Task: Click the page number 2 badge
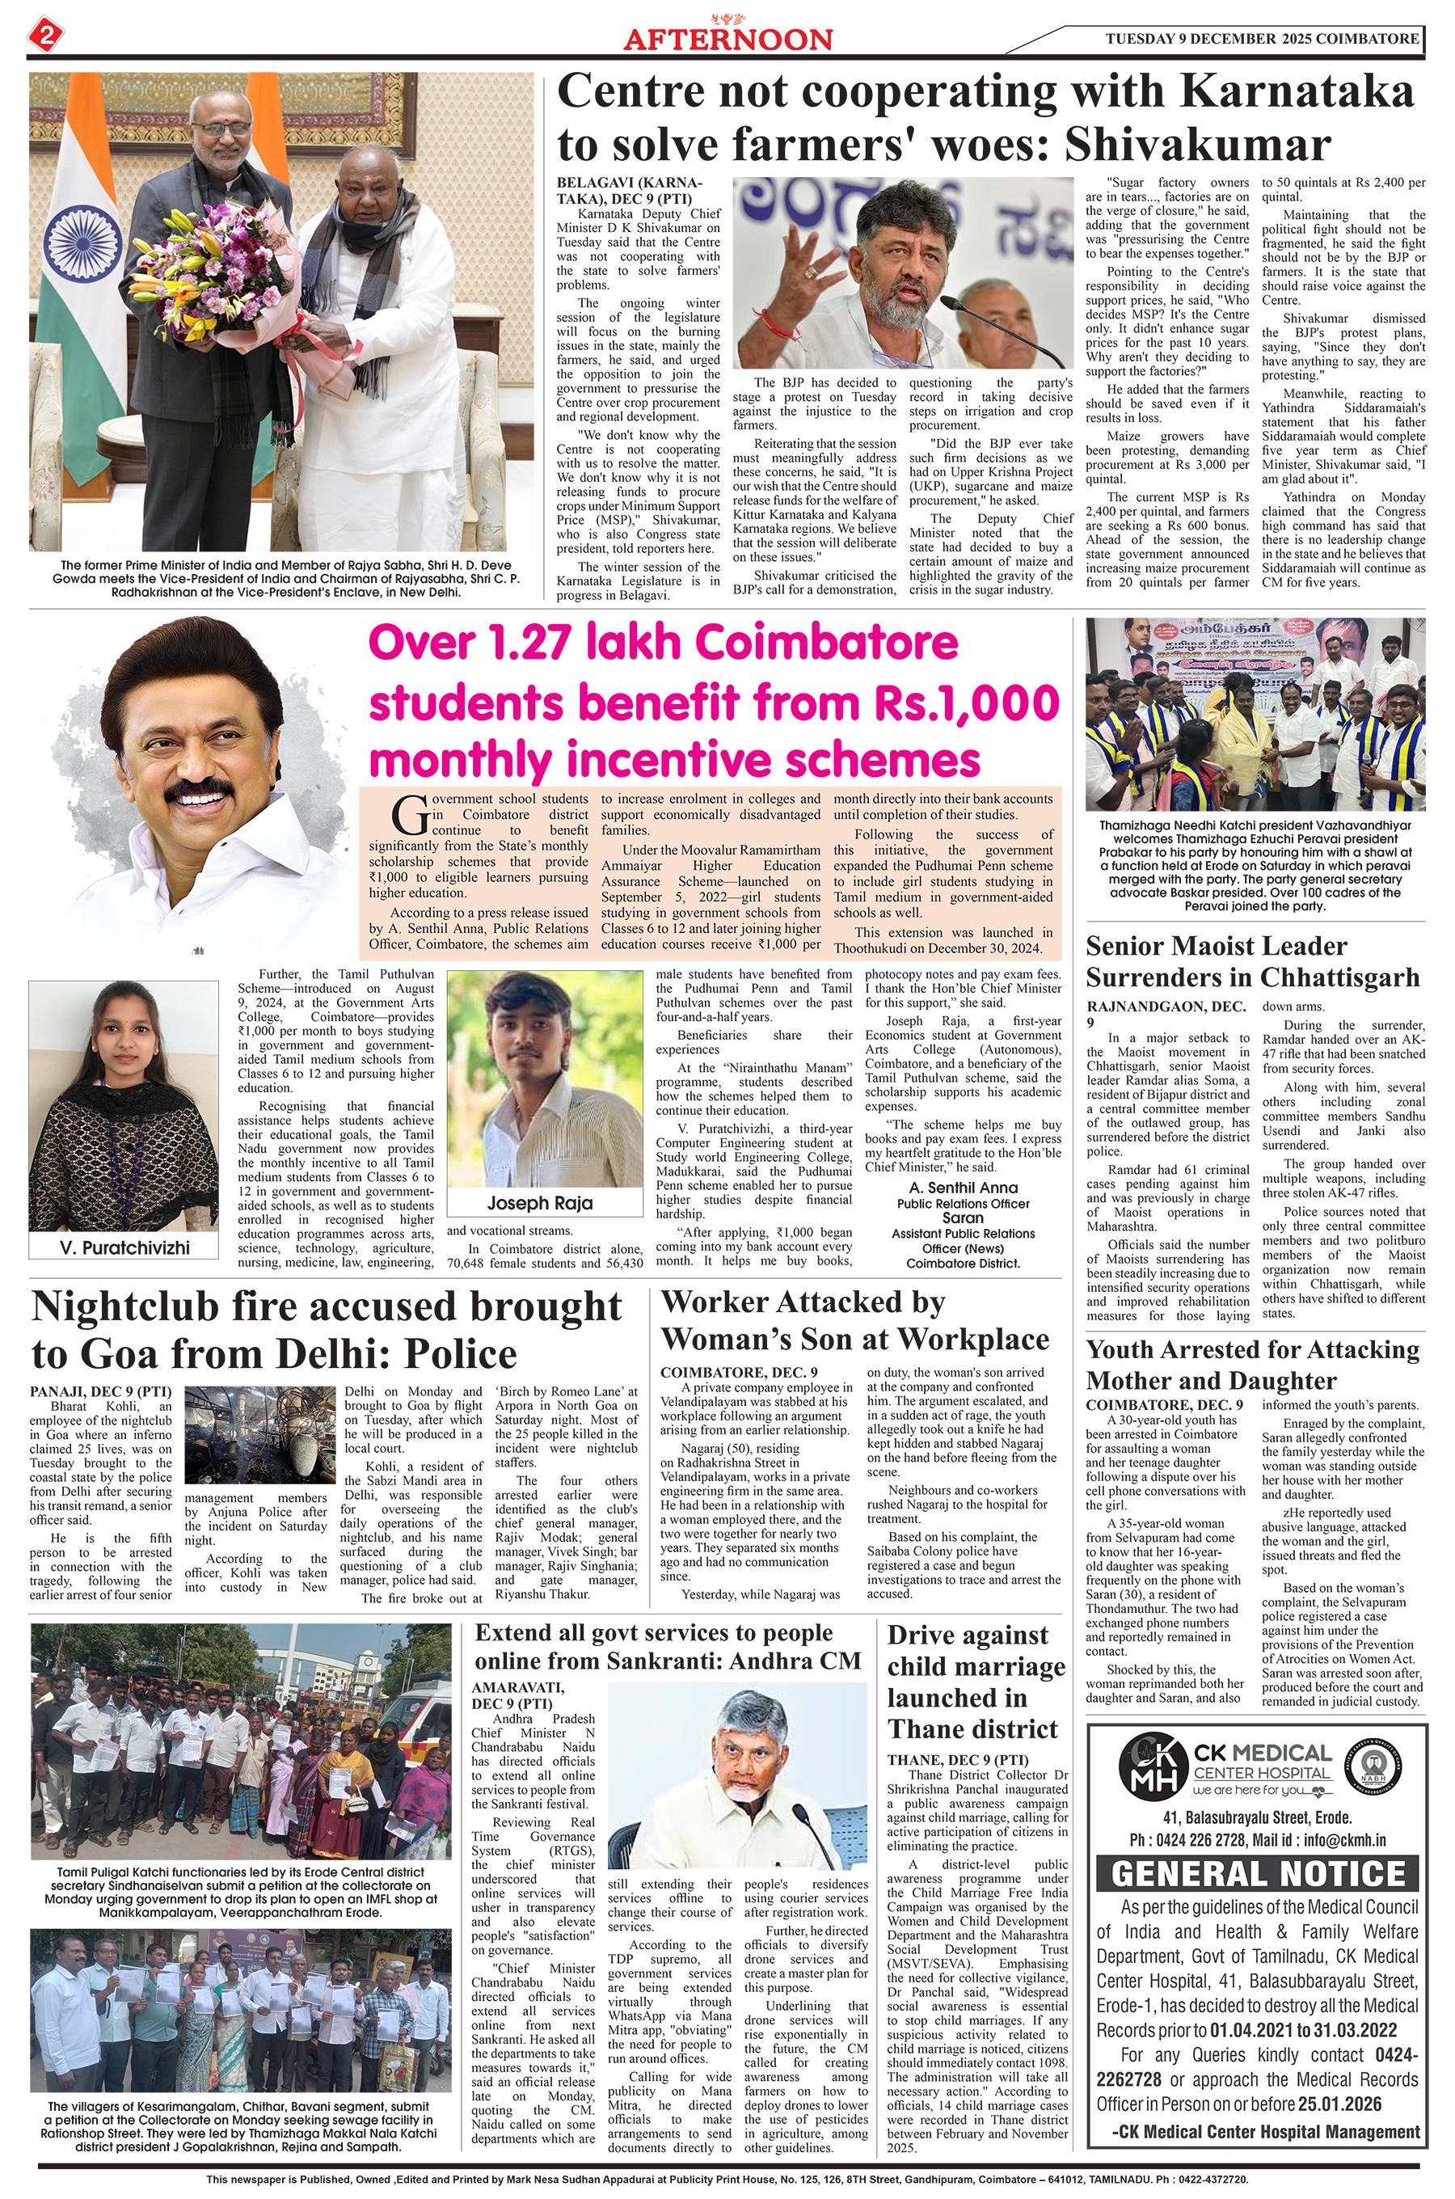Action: coord(45,36)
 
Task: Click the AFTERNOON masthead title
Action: coord(727,39)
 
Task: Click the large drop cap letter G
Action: coord(408,816)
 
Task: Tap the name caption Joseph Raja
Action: coord(540,1202)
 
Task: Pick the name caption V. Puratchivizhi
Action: coord(124,1247)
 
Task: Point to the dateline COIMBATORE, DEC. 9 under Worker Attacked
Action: coord(739,1372)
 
